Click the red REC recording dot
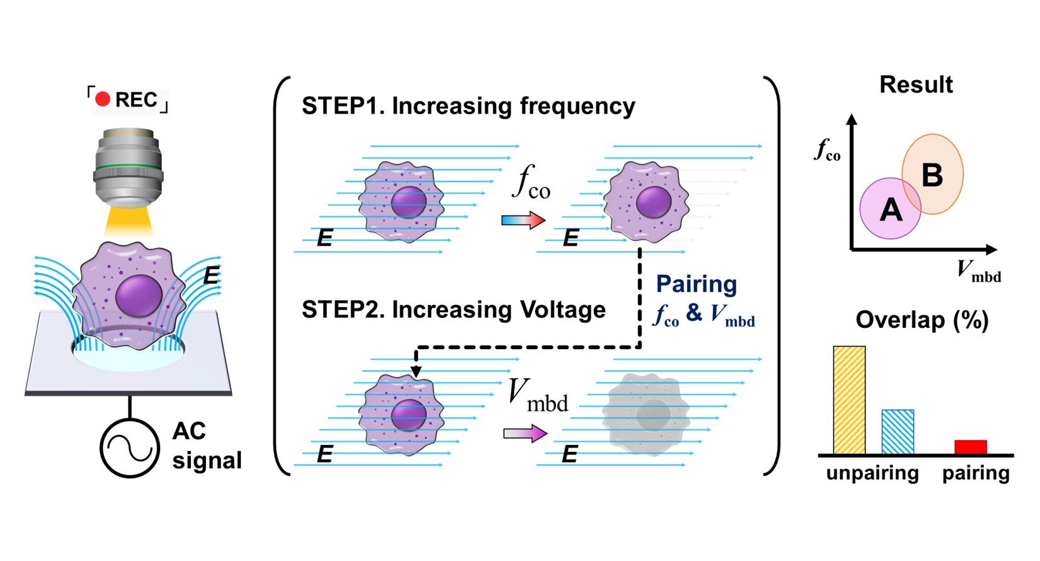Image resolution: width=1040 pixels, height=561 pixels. tap(103, 99)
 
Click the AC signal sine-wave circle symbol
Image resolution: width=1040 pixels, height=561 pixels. tap(129, 448)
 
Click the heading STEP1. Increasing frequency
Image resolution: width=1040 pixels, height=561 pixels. tap(468, 106)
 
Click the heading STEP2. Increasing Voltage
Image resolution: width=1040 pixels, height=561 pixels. tap(453, 309)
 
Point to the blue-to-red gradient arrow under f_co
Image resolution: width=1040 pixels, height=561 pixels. tap(523, 220)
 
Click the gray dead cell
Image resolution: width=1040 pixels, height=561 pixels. tap(645, 414)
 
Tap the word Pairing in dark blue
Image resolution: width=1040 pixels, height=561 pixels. tap(696, 284)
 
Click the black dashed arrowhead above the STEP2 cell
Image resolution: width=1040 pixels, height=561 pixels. tap(416, 371)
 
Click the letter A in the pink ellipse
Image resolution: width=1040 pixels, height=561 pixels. tap(891, 209)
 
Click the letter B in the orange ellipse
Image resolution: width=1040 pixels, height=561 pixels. tap(932, 175)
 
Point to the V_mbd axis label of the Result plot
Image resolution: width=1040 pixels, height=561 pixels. tap(978, 271)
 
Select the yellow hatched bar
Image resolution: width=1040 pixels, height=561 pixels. tap(849, 400)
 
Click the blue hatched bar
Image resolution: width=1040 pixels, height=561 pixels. tap(898, 432)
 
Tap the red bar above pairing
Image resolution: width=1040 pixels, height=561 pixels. tap(970, 447)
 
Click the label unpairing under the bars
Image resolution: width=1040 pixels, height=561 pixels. tap(872, 473)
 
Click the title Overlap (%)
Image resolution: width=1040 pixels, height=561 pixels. tap(922, 320)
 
